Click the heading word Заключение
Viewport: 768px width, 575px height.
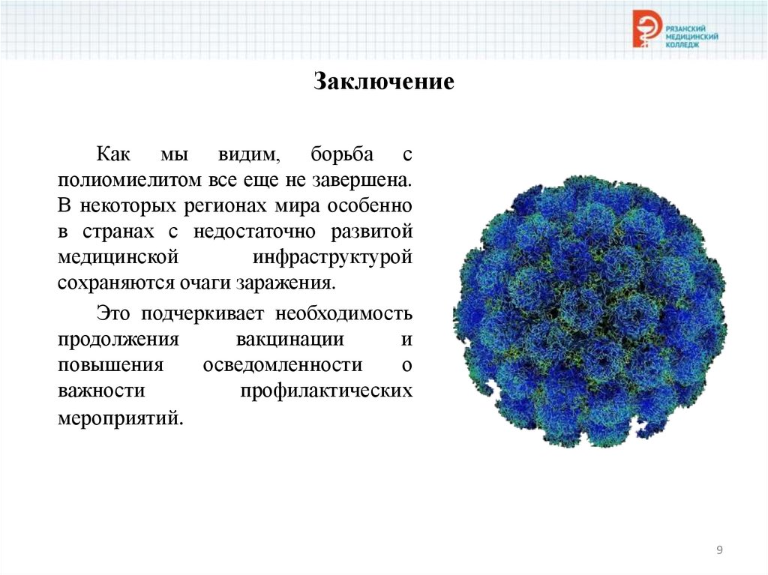click(x=383, y=81)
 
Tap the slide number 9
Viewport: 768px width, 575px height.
click(x=719, y=551)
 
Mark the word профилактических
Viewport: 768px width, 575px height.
click(x=327, y=391)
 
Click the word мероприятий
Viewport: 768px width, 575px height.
click(x=120, y=417)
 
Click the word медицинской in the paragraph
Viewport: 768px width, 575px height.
click(x=118, y=256)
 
